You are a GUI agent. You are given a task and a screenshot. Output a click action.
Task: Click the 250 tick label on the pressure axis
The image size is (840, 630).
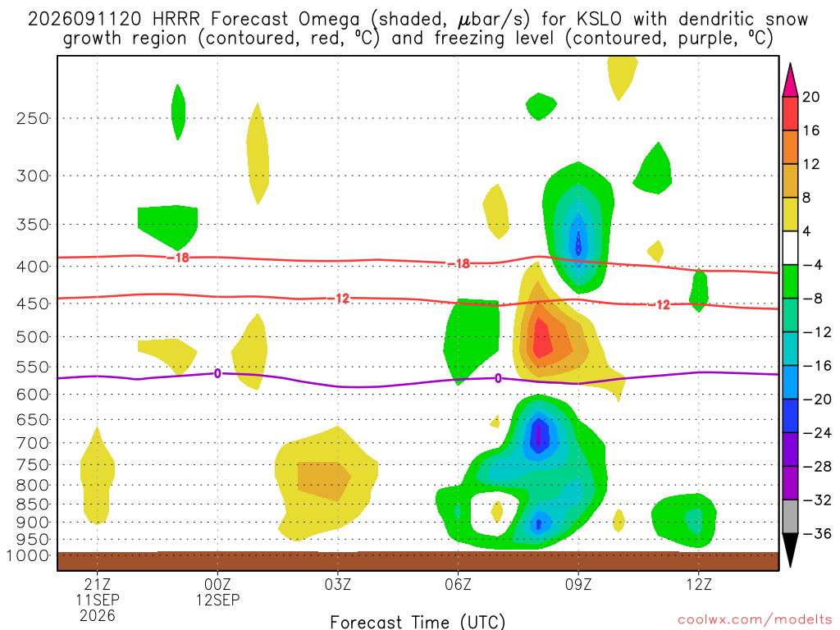(x=33, y=118)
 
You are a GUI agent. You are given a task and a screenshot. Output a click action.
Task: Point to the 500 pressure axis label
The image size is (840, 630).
(x=33, y=337)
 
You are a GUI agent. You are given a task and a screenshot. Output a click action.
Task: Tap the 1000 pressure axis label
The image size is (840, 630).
(x=28, y=555)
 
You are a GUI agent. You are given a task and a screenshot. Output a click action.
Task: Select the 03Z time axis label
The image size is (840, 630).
(x=337, y=584)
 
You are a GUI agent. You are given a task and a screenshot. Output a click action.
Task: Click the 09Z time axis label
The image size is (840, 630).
(x=578, y=584)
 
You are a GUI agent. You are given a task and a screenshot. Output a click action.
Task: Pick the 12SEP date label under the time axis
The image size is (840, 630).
(x=217, y=600)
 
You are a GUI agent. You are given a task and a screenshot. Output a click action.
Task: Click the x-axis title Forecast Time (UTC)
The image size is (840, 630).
(x=418, y=622)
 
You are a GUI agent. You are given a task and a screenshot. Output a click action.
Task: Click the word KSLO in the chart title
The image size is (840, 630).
(x=600, y=20)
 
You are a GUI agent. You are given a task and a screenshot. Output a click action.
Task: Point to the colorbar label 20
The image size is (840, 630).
(x=811, y=97)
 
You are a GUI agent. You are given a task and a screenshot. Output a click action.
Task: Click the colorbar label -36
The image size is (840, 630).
(x=817, y=533)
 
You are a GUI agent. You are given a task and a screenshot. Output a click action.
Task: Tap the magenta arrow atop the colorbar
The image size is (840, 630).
(x=790, y=80)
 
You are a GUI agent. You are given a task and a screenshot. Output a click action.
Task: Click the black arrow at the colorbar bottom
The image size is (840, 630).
(x=790, y=550)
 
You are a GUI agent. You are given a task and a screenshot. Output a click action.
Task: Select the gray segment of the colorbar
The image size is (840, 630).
(x=790, y=517)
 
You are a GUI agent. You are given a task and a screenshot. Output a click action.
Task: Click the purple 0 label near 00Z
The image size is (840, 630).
(x=217, y=373)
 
